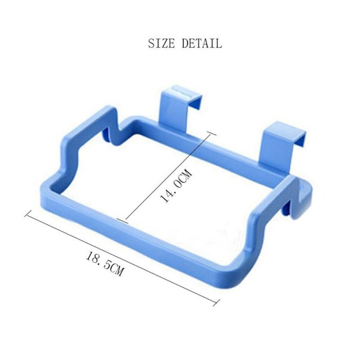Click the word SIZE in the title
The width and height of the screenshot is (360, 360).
[x=161, y=43]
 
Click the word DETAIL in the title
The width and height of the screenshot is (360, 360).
[x=202, y=43]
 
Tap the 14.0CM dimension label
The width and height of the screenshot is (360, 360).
[x=176, y=185]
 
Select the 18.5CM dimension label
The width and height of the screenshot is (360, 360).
[x=104, y=263]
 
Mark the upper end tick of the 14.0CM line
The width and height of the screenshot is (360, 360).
[x=212, y=133]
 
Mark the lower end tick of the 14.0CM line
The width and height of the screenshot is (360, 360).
[x=122, y=221]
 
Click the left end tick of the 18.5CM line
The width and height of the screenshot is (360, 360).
[x=28, y=213]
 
